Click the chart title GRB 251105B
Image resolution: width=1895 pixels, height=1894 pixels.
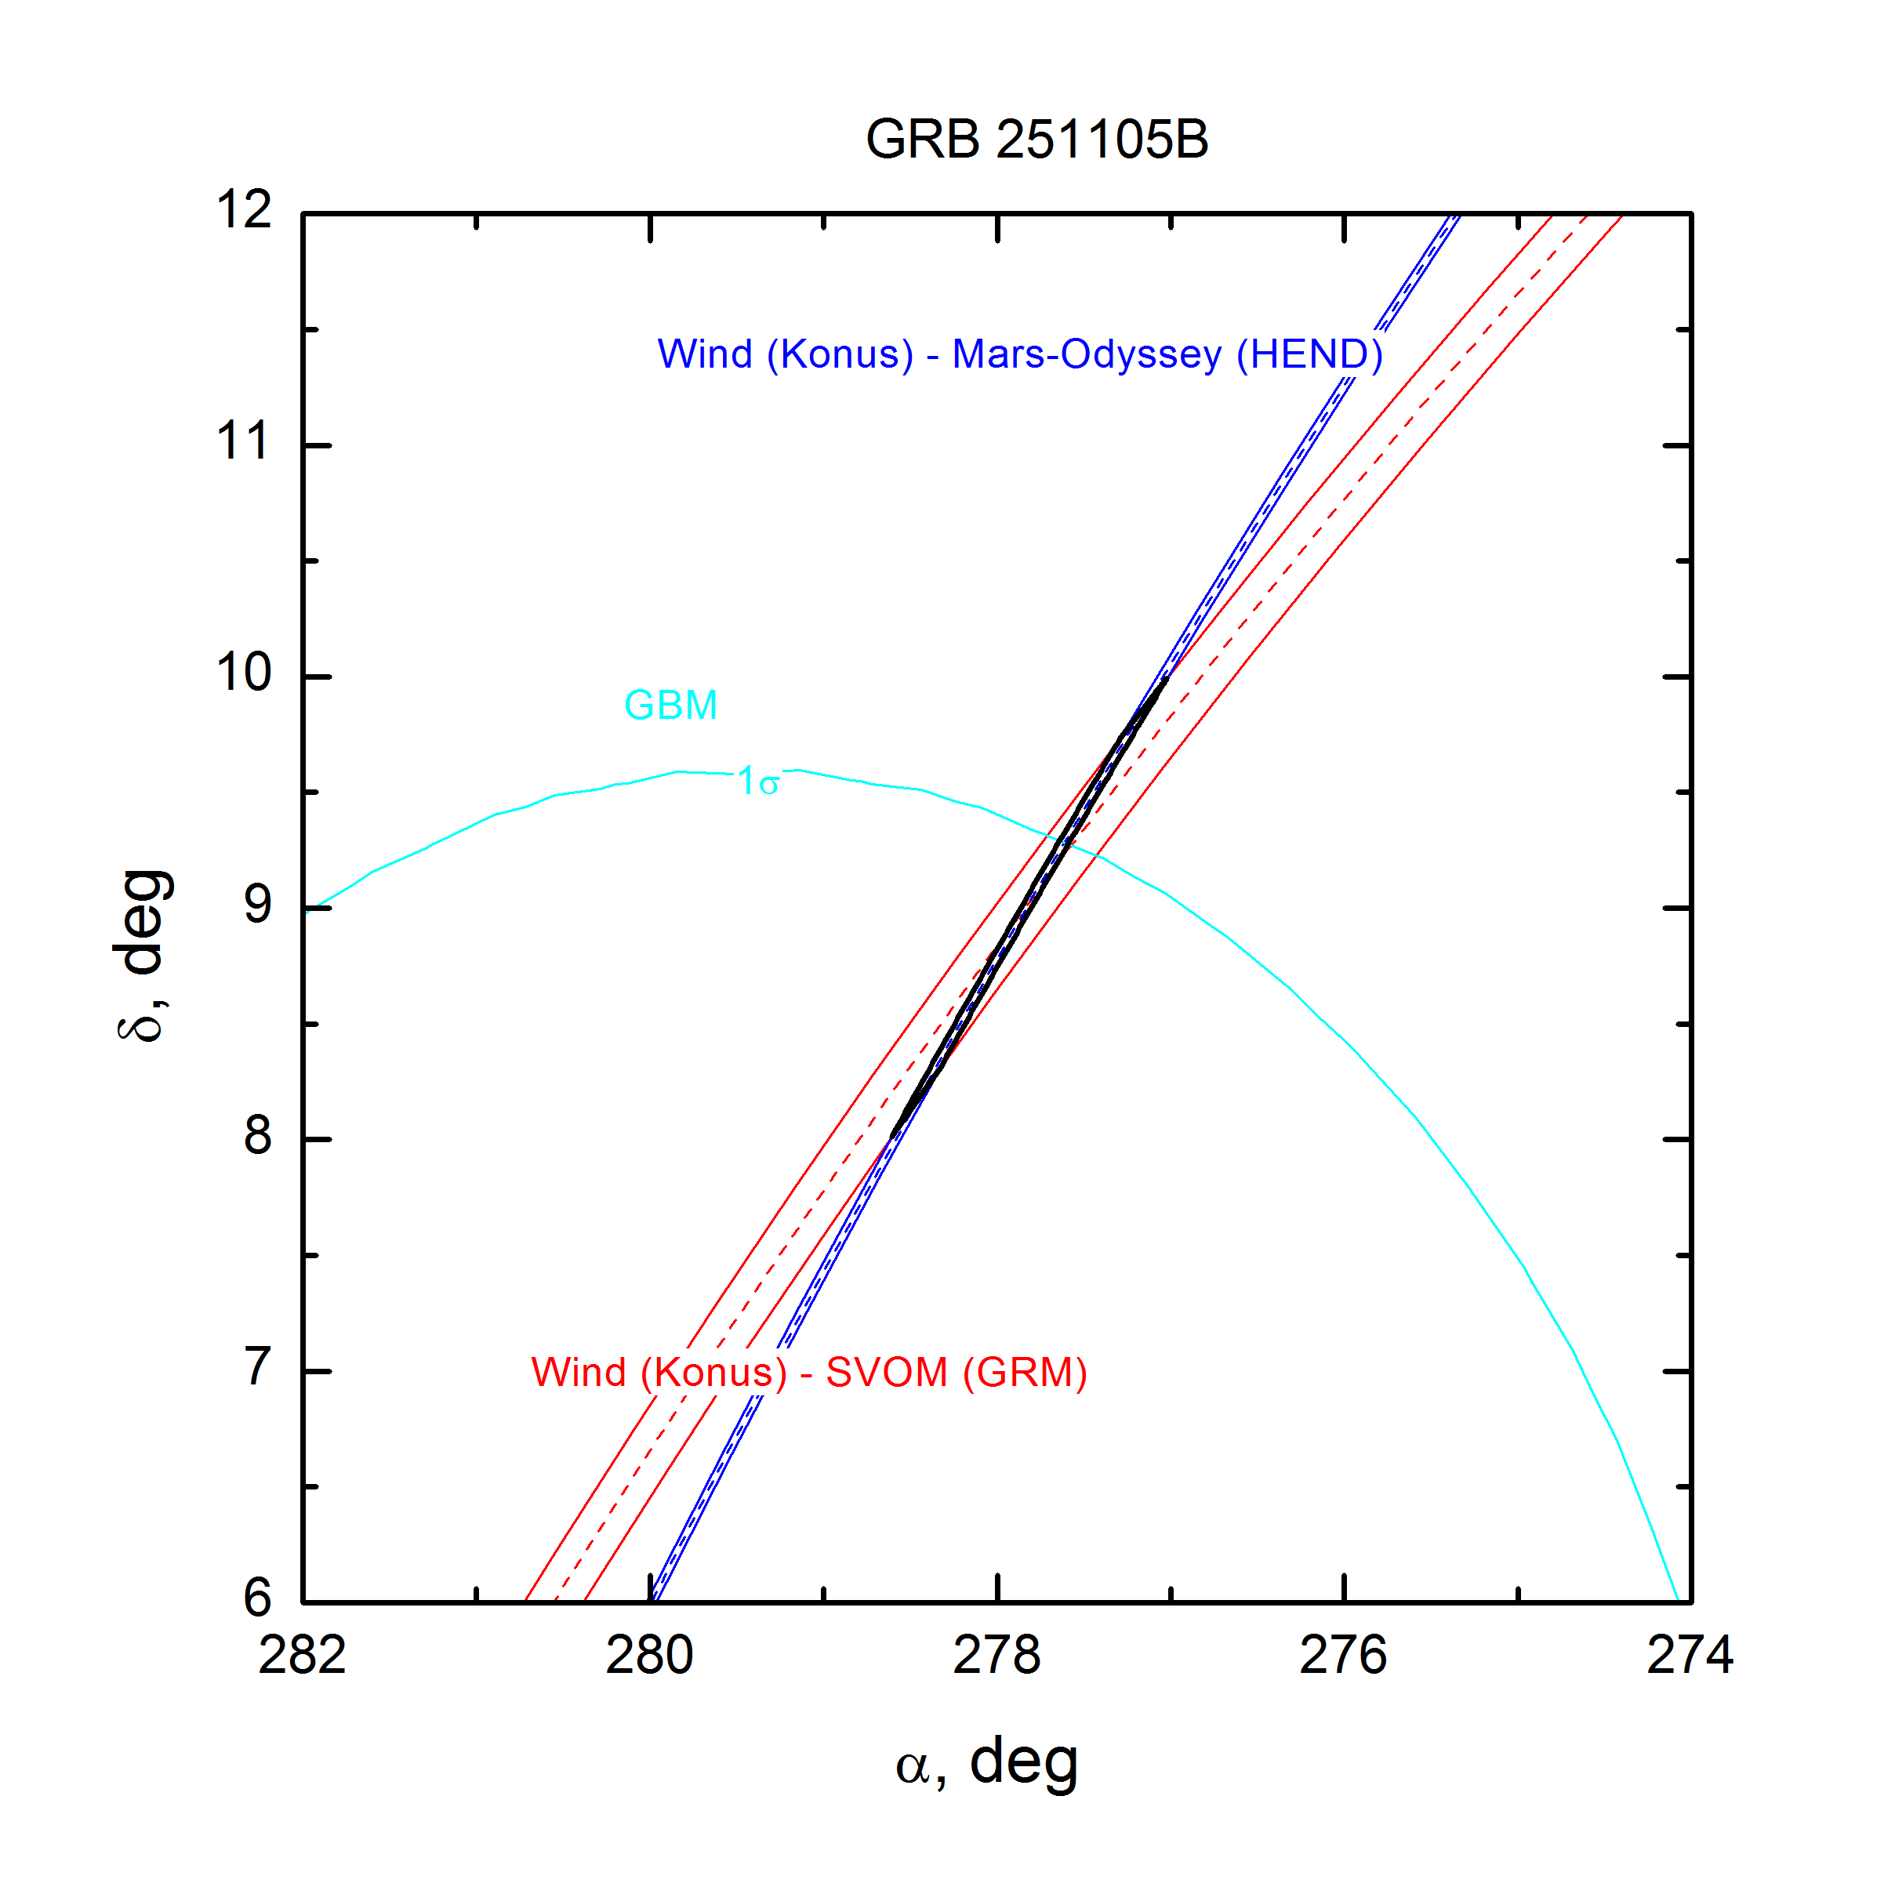tap(1036, 140)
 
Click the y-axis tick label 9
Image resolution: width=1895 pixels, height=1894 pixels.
tap(257, 905)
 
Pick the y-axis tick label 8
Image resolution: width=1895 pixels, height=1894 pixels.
tap(257, 1136)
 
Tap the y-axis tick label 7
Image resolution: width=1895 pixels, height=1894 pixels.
tap(257, 1367)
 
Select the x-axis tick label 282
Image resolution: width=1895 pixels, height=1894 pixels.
tap(302, 1656)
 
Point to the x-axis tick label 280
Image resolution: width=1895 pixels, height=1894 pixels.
tap(649, 1656)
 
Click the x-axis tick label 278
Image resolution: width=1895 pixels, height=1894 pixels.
tap(997, 1656)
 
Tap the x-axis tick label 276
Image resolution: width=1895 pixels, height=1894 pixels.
tap(1343, 1656)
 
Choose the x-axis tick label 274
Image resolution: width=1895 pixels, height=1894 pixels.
tap(1690, 1656)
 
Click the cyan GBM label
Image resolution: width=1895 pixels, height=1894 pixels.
tap(671, 706)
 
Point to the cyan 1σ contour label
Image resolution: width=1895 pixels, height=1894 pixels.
tap(758, 782)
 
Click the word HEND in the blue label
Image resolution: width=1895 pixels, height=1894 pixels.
tap(1309, 354)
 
